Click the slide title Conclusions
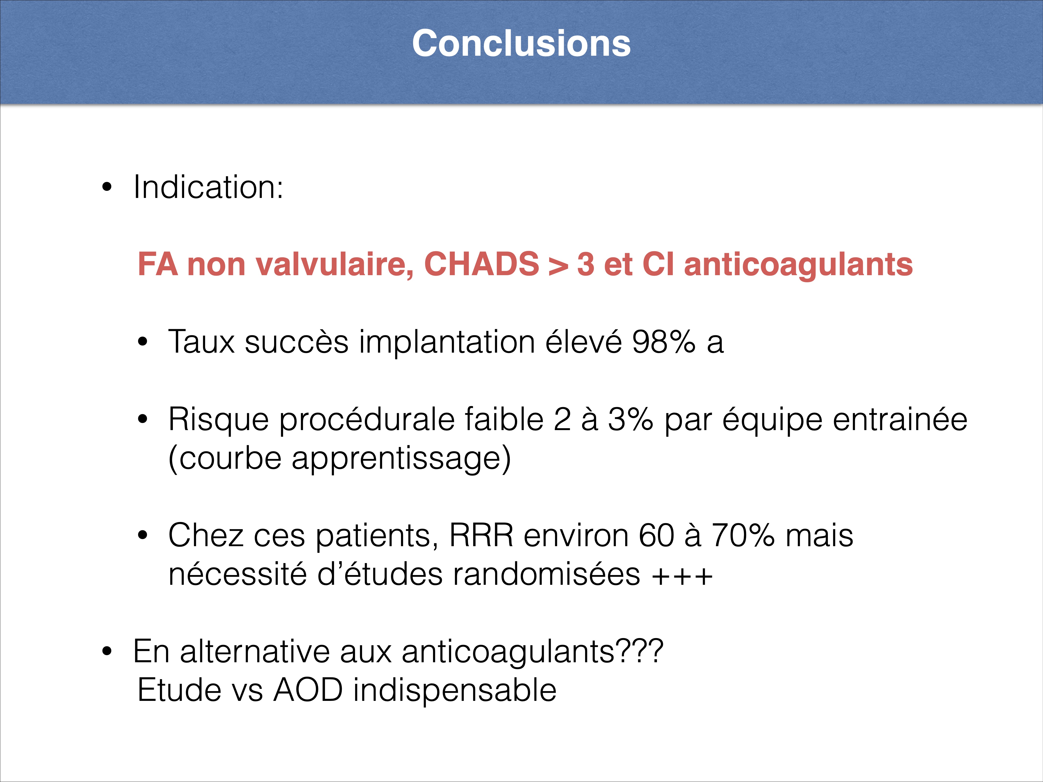pyautogui.click(x=521, y=43)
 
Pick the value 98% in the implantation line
pyautogui.click(x=664, y=342)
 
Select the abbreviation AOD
pyautogui.click(x=308, y=690)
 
